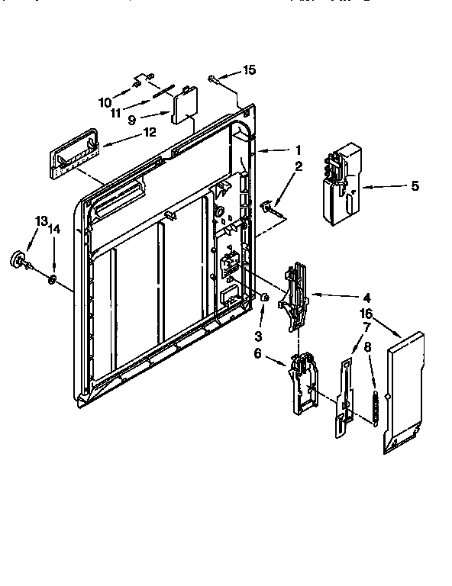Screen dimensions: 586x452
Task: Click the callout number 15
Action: tap(249, 70)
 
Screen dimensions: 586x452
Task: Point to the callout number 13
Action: tap(40, 221)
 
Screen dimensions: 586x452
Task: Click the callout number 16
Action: tap(366, 313)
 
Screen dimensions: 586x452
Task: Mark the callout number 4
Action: tap(366, 296)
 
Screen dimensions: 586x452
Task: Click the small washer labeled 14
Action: tap(51, 279)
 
